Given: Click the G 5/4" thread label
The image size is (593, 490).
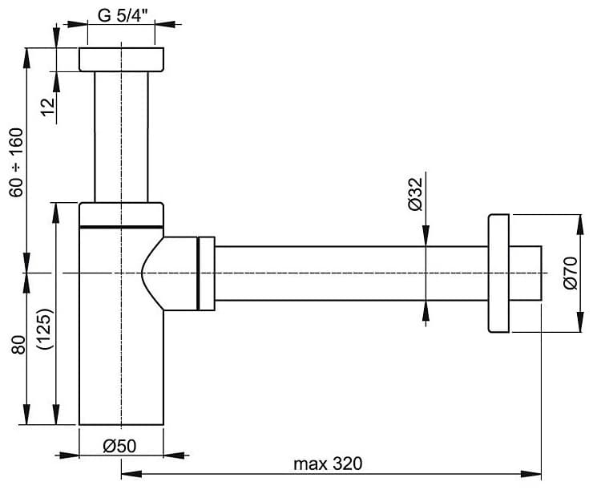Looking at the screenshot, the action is click(x=122, y=15).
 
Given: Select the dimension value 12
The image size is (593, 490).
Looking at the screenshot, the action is click(x=49, y=107).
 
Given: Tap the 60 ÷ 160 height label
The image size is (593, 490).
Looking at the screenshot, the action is click(x=17, y=162).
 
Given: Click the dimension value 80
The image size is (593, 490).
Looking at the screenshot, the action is click(x=18, y=345).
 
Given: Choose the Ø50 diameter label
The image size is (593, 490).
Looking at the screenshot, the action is click(x=119, y=447).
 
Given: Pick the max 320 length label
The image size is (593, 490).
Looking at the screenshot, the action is click(x=328, y=464).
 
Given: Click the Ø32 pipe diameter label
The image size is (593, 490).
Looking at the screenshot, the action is click(x=416, y=194).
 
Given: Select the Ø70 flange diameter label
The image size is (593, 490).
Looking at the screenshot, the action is click(x=571, y=273).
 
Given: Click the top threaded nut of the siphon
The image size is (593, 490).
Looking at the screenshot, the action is click(x=121, y=59).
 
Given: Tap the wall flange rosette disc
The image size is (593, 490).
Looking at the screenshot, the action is click(x=498, y=273).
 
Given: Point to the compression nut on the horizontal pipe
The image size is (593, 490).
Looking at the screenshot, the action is click(x=206, y=273).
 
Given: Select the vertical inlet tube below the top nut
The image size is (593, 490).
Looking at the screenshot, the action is click(x=121, y=137).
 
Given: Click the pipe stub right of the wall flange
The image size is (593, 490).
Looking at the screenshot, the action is click(x=526, y=273).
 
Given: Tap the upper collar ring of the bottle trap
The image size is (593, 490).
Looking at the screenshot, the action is click(x=121, y=215).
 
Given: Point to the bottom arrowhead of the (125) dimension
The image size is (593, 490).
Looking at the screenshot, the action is click(x=56, y=414).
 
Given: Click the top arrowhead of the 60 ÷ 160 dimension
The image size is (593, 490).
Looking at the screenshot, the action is click(x=26, y=59).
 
